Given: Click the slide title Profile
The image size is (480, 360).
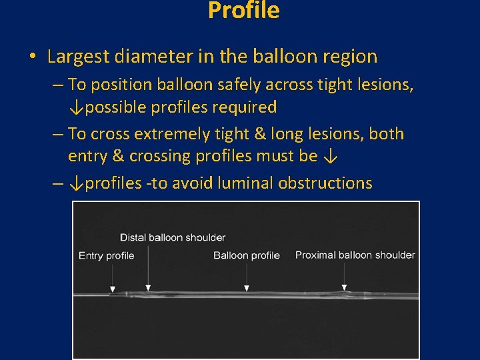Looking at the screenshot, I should click(x=243, y=10).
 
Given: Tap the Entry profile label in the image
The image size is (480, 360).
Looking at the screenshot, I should click(x=106, y=255).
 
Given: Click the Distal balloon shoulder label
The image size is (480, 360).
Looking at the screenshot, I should click(x=173, y=237).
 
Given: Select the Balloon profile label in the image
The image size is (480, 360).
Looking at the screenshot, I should click(x=246, y=255).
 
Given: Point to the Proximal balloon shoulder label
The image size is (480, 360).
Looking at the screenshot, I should click(x=355, y=255).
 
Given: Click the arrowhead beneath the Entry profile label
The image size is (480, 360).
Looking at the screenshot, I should click(x=112, y=289).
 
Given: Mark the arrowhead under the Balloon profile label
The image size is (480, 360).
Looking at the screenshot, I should click(x=247, y=288).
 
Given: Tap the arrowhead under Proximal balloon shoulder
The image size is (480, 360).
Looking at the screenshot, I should click(x=344, y=287).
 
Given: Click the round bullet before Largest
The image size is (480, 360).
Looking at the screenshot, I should click(x=33, y=57).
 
